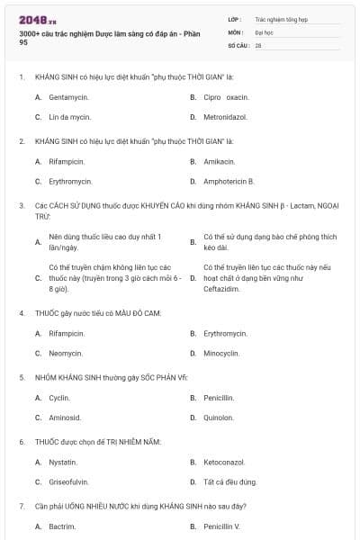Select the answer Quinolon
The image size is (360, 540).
click(x=219, y=417)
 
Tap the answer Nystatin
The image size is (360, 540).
click(x=63, y=462)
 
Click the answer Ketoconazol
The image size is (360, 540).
click(x=225, y=462)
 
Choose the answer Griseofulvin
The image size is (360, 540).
click(x=69, y=481)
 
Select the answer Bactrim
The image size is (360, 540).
click(x=62, y=526)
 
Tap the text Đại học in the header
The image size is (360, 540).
click(x=262, y=31)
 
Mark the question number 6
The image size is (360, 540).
click(x=22, y=442)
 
